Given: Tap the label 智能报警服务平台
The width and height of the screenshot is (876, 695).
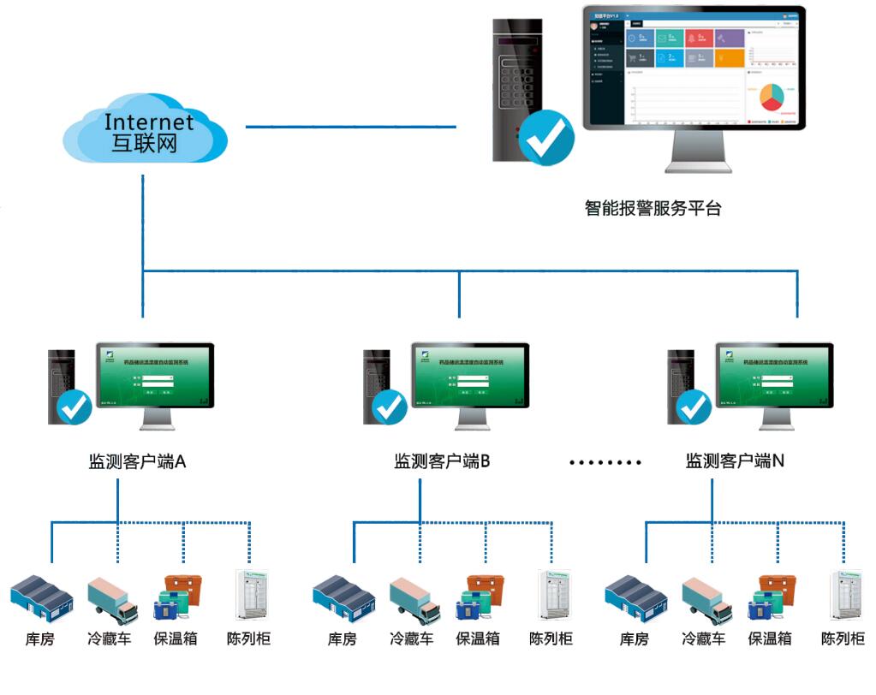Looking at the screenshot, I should click(x=653, y=208).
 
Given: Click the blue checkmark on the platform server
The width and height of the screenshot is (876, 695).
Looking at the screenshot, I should click(x=546, y=138).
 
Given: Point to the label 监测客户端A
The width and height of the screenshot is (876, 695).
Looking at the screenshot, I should click(x=137, y=461).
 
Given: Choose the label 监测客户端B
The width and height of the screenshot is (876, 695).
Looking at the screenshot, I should click(x=441, y=461).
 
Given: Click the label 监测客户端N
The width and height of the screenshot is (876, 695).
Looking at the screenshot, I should click(x=735, y=461).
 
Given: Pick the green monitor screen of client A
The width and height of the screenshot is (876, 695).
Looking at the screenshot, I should click(x=155, y=375).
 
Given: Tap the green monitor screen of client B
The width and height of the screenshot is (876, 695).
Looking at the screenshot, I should click(x=470, y=375).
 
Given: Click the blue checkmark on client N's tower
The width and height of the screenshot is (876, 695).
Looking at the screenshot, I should click(x=693, y=407).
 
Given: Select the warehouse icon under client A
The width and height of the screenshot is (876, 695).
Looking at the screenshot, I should click(x=42, y=597).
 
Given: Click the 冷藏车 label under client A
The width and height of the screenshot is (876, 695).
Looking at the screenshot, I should click(x=110, y=639).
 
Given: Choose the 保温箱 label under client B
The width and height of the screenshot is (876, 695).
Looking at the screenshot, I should click(x=477, y=639).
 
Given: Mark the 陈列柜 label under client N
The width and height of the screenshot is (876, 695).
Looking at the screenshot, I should click(x=843, y=639).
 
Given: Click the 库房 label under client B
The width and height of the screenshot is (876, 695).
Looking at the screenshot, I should click(x=343, y=639).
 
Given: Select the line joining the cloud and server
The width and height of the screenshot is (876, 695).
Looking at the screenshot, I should click(x=351, y=127).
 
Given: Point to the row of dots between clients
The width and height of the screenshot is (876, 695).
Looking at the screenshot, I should click(x=605, y=462).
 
